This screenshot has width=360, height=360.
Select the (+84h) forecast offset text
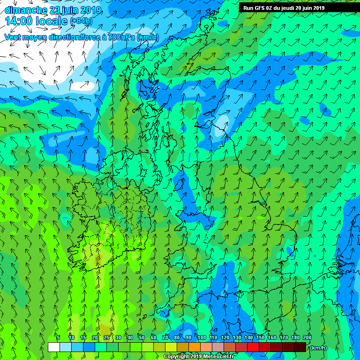click(81, 21)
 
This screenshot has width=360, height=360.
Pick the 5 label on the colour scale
click(58, 337)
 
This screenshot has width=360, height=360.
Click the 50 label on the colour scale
click(142, 337)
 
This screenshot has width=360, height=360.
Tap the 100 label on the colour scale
click(202, 337)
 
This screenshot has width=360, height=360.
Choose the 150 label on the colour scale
click(260, 337)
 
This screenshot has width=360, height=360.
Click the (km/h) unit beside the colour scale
click(316, 348)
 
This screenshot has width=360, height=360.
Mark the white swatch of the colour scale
click(54, 347)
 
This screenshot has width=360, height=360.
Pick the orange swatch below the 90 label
click(195, 347)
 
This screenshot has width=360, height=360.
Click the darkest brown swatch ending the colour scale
click(300, 347)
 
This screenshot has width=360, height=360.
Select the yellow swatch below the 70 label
click(171, 347)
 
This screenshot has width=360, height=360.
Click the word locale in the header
click(52, 21)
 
